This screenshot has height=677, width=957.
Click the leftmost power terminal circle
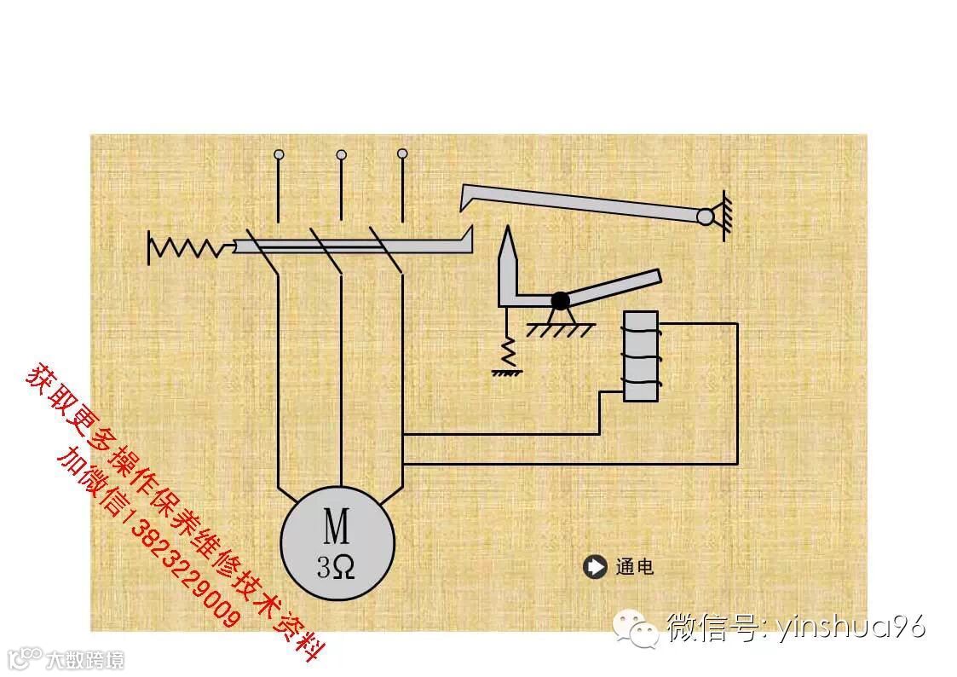(x=279, y=155)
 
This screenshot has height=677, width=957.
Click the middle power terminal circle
(x=341, y=154)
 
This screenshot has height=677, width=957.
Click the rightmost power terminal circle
(x=402, y=153)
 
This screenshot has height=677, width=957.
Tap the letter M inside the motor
(x=336, y=526)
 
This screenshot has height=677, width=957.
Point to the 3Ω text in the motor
(x=336, y=567)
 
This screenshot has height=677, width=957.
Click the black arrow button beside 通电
(x=592, y=566)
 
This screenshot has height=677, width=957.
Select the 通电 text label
(x=634, y=567)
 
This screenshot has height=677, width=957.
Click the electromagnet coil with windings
(x=640, y=356)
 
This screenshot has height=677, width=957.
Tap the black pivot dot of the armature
(x=560, y=300)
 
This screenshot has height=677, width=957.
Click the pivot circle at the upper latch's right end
(x=705, y=217)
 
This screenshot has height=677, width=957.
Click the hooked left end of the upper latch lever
(x=465, y=197)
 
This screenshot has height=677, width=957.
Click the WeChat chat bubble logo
(x=638, y=628)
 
